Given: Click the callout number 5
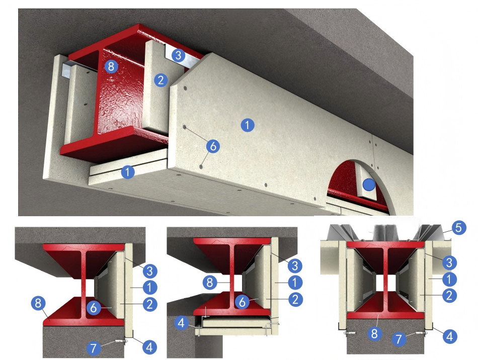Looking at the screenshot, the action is (458, 228).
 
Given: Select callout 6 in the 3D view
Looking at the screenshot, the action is (213, 146).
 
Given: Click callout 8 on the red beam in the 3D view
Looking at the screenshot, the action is (111, 66).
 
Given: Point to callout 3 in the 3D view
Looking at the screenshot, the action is (178, 55).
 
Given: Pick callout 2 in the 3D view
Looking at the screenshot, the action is (161, 80).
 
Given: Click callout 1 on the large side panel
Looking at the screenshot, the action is (248, 125).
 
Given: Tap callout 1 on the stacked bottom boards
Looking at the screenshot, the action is (128, 172).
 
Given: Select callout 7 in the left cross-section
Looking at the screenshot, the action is (94, 348).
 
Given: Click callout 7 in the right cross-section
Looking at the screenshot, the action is (399, 339).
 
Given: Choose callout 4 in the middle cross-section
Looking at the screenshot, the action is (181, 323).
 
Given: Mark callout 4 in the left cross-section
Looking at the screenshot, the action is (149, 347).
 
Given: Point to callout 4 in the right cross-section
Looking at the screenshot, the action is (449, 336).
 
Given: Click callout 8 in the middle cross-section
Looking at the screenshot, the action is (210, 283).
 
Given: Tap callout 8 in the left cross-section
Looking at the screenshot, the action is (38, 303).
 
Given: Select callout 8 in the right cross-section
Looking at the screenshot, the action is (374, 334).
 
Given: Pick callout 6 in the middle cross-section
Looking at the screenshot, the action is (243, 302).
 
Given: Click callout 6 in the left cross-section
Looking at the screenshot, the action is (94, 308).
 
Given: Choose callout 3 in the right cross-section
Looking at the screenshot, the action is (449, 262).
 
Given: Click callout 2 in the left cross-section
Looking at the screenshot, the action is (149, 304).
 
